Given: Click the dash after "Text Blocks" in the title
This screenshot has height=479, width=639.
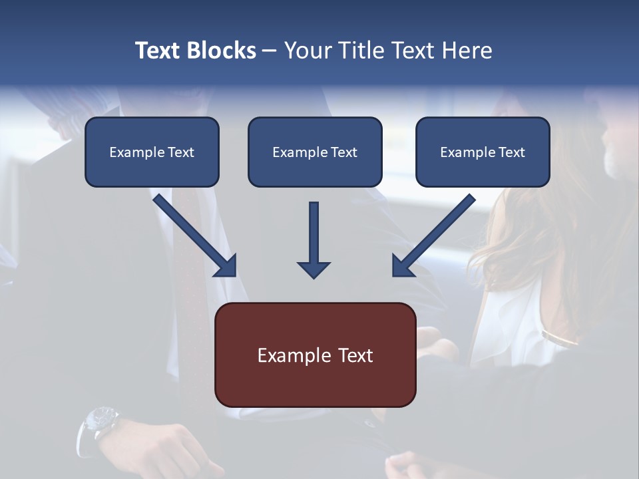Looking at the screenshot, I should coord(270,51).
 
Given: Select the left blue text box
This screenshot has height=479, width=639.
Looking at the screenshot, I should coord(152,152).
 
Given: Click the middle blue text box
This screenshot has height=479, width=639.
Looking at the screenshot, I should coord(315,152).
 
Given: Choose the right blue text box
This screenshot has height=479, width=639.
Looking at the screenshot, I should coord(483,152).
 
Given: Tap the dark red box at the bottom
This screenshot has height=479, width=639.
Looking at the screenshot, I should coord(315,355).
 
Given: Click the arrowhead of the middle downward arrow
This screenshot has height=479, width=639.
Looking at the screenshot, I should coord(314,269).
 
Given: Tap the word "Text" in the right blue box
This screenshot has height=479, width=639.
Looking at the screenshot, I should coord(512,152).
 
